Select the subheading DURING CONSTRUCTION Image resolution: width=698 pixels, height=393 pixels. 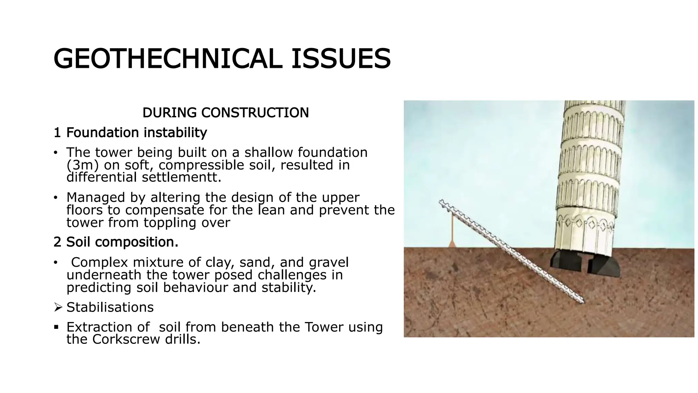225,113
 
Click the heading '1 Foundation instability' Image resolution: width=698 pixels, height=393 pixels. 130,132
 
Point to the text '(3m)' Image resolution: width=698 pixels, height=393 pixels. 82,165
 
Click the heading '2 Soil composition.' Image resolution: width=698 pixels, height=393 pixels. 116,242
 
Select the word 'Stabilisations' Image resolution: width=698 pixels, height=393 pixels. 110,307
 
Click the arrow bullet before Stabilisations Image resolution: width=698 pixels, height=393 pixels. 58,308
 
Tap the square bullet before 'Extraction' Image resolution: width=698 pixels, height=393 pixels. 56,327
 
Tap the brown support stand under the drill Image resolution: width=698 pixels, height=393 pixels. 452,235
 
